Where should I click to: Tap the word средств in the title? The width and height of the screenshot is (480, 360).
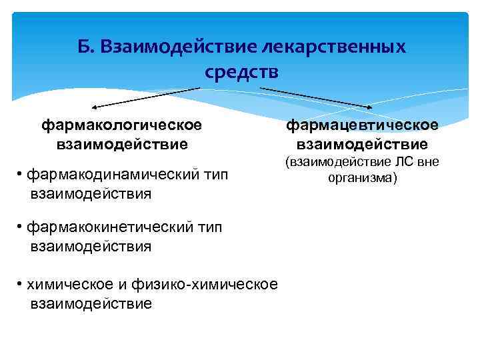tap(241, 71)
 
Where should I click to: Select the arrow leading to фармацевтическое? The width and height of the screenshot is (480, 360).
tap(316, 97)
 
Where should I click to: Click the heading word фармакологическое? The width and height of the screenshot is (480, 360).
tap(122, 125)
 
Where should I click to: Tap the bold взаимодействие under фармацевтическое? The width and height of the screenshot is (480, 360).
tap(362, 144)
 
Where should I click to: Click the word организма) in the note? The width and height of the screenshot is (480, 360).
tap(363, 178)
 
